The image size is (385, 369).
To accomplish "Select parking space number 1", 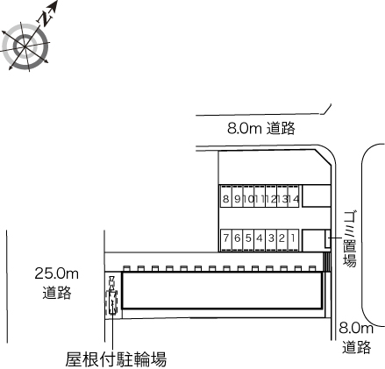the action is pyautogui.click(x=293, y=240).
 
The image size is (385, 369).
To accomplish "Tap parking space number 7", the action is pyautogui.click(x=225, y=240).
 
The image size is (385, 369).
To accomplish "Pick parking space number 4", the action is pyautogui.click(x=260, y=240).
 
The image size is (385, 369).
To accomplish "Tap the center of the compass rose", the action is pyautogui.click(x=25, y=46).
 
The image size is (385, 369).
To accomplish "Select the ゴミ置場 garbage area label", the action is pyautogui.click(x=350, y=238).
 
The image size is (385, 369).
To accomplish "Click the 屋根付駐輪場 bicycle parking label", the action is pyautogui.click(x=116, y=359).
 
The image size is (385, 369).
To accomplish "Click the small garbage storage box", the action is pyautogui.click(x=328, y=239).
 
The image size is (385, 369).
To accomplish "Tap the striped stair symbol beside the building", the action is pyautogui.click(x=326, y=262).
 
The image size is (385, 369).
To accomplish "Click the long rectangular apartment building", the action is pyautogui.click(x=223, y=290).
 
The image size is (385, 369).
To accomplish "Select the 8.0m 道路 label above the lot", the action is pyautogui.click(x=261, y=128).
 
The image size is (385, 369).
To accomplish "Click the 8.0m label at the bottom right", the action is pyautogui.click(x=356, y=329).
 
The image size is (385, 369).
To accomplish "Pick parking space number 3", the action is pyautogui.click(x=271, y=240).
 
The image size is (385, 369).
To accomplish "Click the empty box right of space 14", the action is pyautogui.click(x=316, y=196).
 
